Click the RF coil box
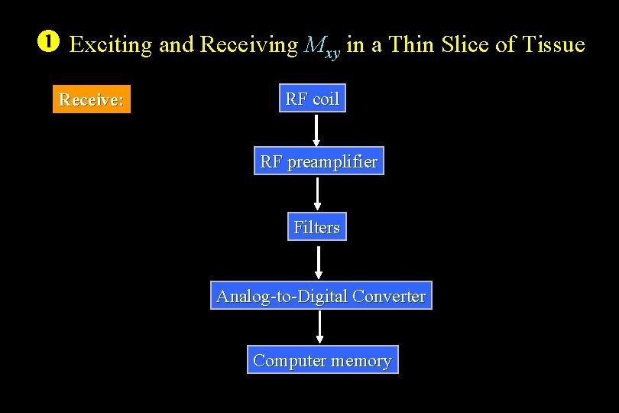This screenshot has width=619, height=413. [312, 99]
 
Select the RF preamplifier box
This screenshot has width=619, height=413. [319, 161]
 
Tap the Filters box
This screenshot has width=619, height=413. [316, 227]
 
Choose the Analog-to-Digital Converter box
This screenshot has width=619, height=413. [321, 296]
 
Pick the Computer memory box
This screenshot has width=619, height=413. [322, 360]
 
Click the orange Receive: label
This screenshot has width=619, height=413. [92, 99]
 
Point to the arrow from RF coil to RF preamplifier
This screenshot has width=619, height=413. [316, 130]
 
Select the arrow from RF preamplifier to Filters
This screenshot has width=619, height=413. [318, 193]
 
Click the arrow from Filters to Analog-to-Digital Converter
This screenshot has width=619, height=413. [319, 262]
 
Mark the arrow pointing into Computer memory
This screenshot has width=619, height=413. [320, 328]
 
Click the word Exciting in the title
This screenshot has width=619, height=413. [111, 45]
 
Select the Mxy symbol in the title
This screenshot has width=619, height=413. [321, 47]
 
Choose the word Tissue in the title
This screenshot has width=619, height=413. [553, 45]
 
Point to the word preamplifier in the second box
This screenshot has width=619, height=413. [332, 162]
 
